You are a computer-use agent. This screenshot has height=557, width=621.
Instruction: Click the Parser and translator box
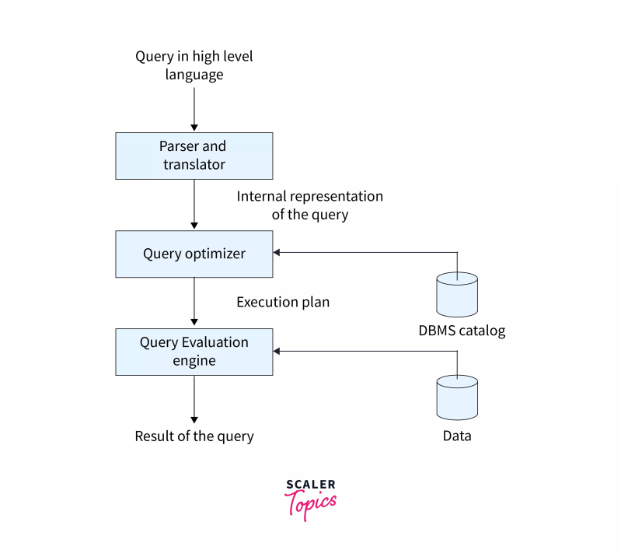click(194, 156)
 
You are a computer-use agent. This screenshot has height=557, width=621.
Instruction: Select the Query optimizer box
click(194, 254)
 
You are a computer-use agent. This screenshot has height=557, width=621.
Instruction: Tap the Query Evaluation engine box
click(194, 352)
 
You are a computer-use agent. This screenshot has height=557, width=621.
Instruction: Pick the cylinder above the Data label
click(457, 397)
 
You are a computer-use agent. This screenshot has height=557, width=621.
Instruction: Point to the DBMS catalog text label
click(462, 331)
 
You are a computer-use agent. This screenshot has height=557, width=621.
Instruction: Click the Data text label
click(457, 436)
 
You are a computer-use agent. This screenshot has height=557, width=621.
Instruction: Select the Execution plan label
click(283, 303)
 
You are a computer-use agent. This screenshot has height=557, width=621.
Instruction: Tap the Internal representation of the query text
click(309, 205)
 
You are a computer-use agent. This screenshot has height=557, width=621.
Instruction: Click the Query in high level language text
click(194, 65)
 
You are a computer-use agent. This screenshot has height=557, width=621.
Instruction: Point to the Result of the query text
click(194, 436)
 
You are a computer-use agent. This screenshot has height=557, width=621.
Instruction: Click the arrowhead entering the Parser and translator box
click(194, 127)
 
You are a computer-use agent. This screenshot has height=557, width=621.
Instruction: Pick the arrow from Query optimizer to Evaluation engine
click(194, 303)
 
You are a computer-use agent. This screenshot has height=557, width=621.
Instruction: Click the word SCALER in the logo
click(310, 485)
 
